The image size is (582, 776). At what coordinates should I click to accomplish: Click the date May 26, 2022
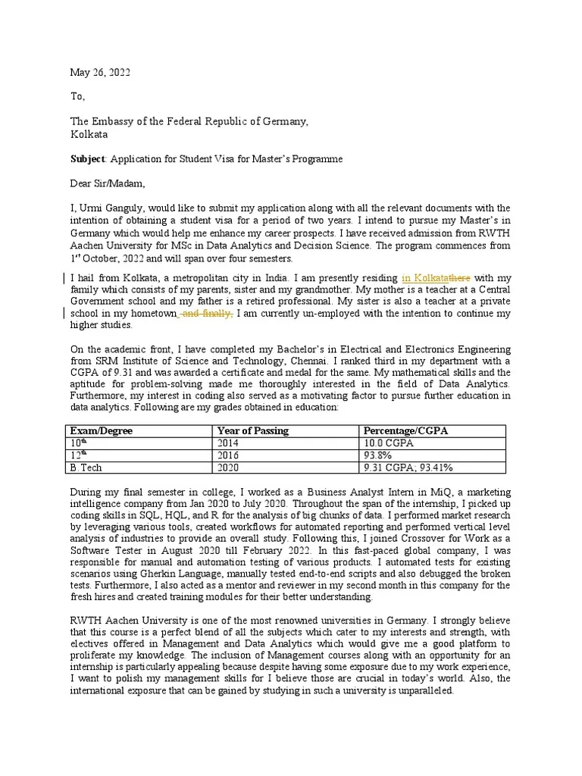(100, 72)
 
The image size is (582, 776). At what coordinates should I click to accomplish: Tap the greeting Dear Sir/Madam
(107, 183)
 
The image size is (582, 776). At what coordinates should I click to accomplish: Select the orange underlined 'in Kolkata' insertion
(425, 277)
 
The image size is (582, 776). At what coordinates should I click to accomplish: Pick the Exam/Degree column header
(101, 430)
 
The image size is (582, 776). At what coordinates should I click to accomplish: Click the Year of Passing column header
(252, 430)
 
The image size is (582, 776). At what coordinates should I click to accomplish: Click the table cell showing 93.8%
(378, 455)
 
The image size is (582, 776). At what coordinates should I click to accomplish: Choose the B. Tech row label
(86, 468)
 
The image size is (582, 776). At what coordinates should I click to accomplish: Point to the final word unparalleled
(424, 691)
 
